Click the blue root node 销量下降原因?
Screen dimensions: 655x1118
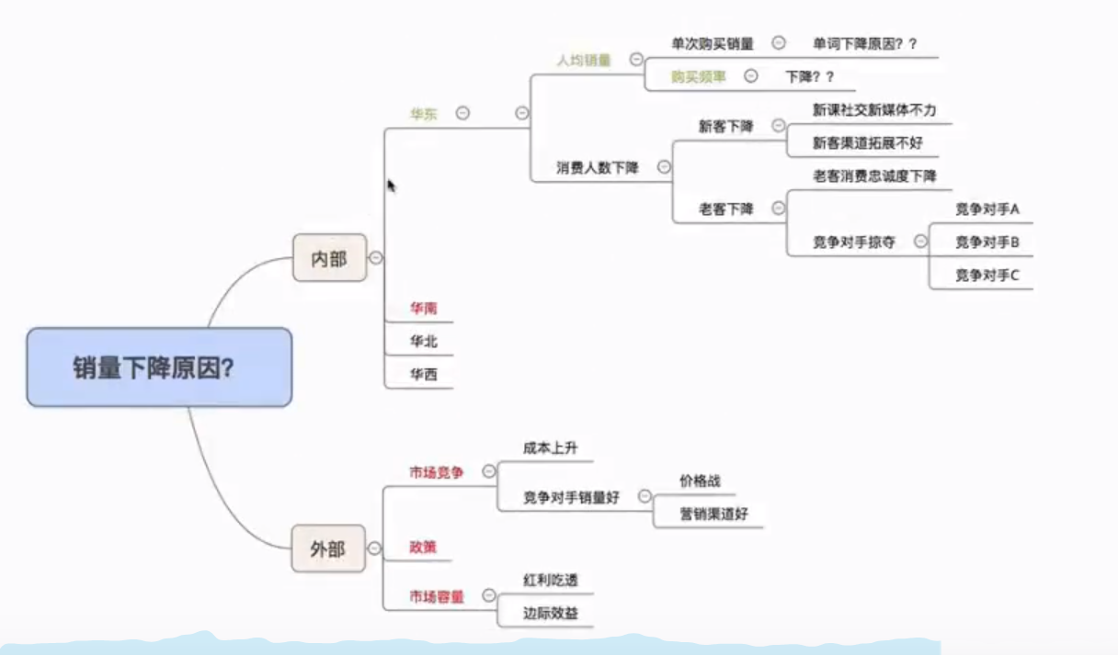159,367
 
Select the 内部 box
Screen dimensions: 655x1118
329,258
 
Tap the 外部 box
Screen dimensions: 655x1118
328,548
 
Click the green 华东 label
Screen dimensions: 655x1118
424,114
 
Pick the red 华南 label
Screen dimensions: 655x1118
424,308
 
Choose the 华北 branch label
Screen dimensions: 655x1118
424,341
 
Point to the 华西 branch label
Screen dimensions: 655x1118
424,374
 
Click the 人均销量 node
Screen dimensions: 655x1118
584,59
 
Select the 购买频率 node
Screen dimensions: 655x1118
698,76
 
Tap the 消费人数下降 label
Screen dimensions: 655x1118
598,167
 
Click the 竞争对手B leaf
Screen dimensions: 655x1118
987,242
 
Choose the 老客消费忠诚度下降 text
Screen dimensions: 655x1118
874,175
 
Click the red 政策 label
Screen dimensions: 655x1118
423,547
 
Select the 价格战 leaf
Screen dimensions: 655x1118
700,480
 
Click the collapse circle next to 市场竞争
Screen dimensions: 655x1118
489,471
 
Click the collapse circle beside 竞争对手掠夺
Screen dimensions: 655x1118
918,242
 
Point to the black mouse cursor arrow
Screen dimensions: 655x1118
391,185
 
